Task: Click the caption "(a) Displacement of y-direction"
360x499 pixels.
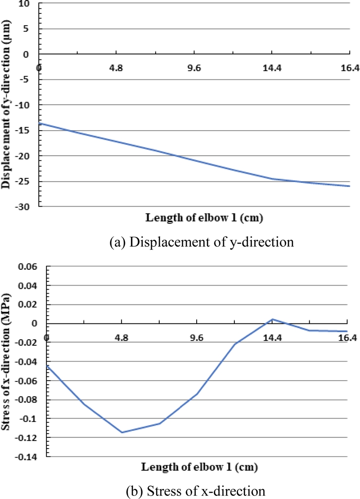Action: click(x=201, y=243)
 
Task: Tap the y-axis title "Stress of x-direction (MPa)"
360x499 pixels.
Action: click(x=6, y=360)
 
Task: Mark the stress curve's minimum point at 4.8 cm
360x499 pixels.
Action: click(x=122, y=432)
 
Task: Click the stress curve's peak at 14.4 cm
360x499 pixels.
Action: click(x=272, y=319)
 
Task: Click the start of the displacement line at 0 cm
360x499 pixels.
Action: click(x=40, y=123)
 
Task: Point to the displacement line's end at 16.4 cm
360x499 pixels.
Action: click(x=349, y=186)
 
